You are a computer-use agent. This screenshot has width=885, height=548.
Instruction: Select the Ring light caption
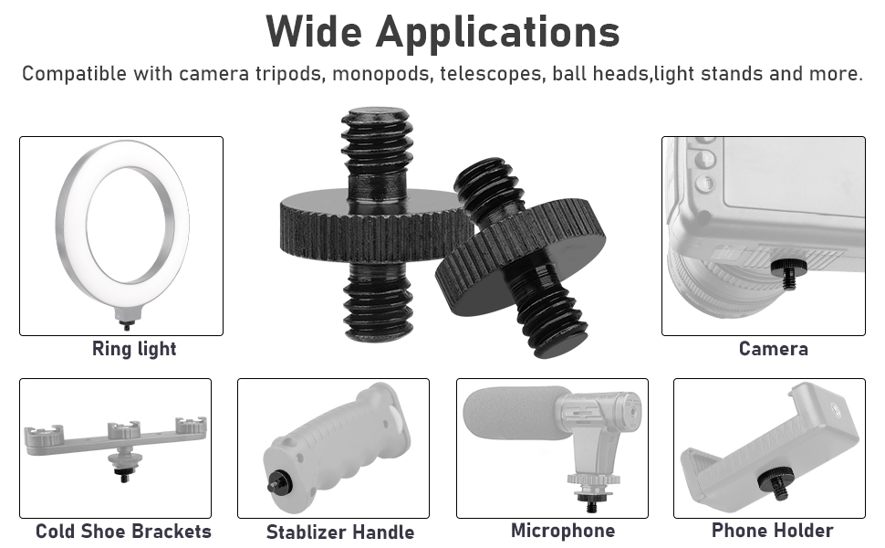click(x=134, y=349)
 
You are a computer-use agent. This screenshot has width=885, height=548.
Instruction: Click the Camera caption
click(x=773, y=349)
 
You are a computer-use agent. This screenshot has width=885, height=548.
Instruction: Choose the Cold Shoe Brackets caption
click(x=123, y=532)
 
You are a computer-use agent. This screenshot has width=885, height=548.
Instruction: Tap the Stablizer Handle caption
click(x=339, y=532)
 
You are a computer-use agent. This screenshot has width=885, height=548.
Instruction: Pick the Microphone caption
click(x=562, y=531)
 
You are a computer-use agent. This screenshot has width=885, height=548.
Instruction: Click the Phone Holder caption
click(x=772, y=531)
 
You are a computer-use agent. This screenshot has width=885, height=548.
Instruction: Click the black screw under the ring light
click(x=123, y=322)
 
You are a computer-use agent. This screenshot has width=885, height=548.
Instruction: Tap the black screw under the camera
click(x=784, y=270)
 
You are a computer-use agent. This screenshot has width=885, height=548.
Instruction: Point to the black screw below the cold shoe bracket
click(x=120, y=473)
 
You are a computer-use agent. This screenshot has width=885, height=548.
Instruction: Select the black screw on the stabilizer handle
click(x=276, y=484)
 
